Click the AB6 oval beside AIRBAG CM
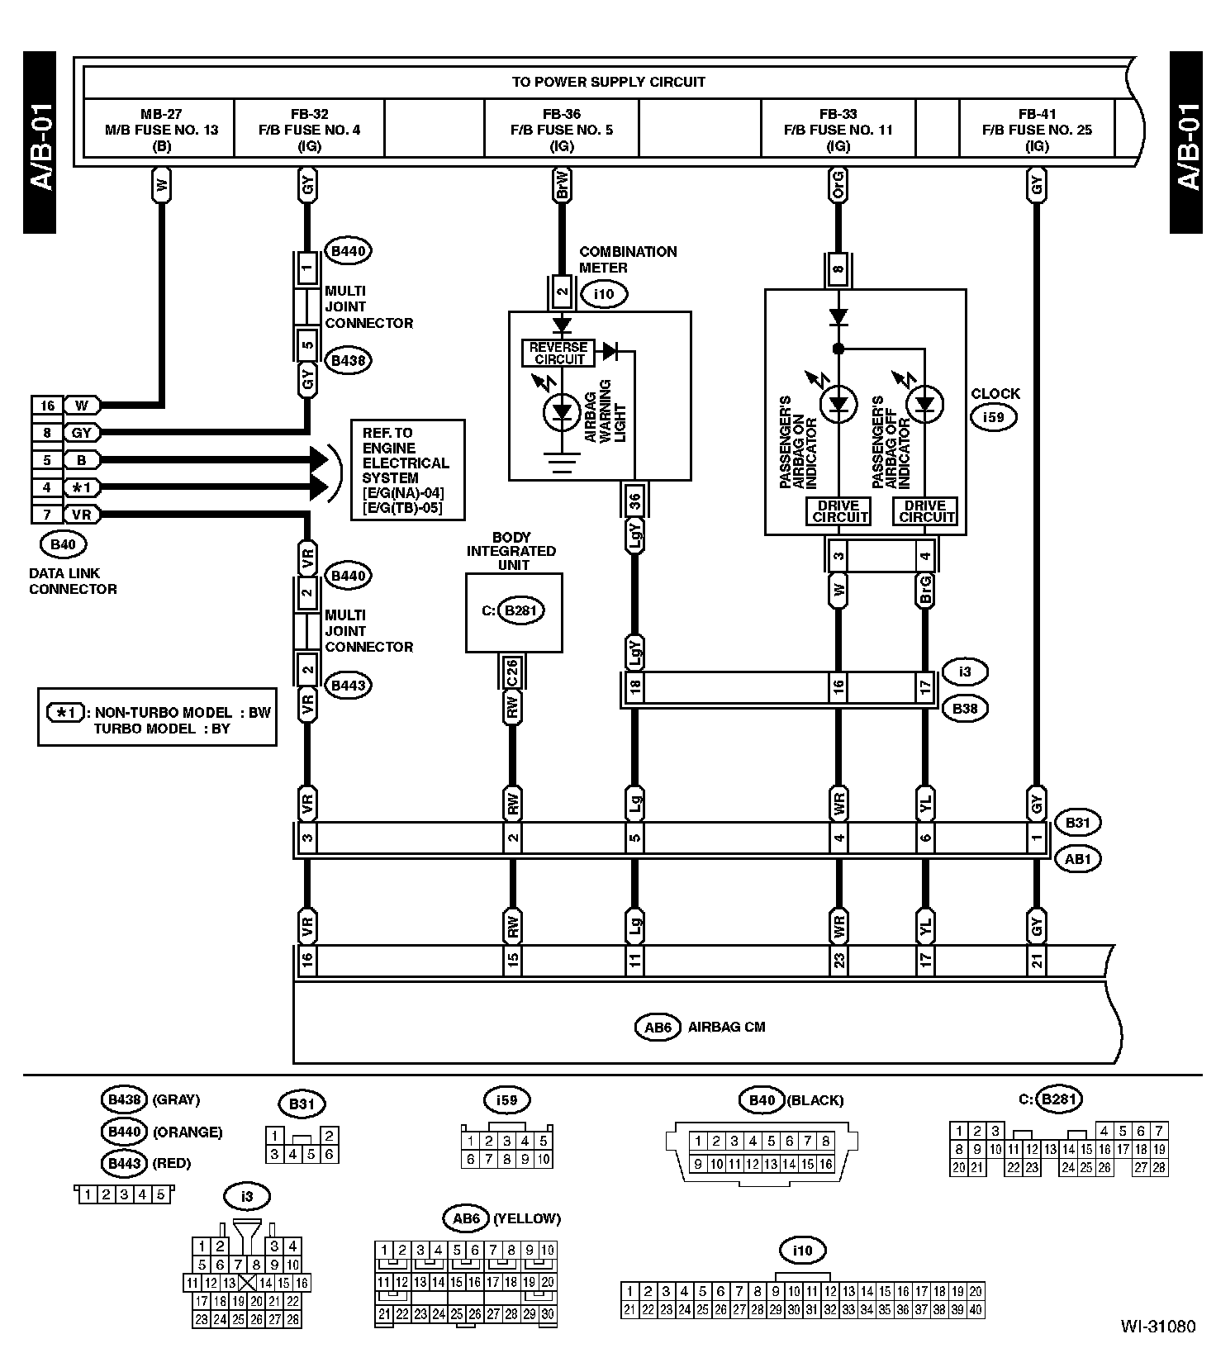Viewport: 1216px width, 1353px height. (x=658, y=1027)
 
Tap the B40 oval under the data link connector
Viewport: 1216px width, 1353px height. (x=63, y=544)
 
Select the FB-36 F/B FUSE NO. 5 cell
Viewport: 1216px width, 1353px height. (x=561, y=130)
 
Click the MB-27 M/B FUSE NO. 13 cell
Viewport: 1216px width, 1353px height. (x=161, y=130)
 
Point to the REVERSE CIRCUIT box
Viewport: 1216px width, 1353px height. (x=559, y=353)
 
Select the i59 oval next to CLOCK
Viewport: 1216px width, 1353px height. (x=993, y=417)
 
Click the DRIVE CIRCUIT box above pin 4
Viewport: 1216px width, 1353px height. (x=925, y=511)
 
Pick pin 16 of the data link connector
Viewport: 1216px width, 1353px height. (x=47, y=406)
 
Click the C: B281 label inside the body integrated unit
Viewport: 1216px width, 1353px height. (x=514, y=610)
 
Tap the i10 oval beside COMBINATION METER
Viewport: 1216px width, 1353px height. (x=604, y=293)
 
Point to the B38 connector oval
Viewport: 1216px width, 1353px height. (x=964, y=708)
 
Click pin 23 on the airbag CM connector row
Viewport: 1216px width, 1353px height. (x=838, y=960)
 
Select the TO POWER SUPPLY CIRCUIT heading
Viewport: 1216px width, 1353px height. (x=608, y=82)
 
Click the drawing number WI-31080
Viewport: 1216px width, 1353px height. (x=1157, y=1327)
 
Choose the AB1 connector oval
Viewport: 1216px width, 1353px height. (x=1078, y=858)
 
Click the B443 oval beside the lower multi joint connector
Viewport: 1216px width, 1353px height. (x=348, y=685)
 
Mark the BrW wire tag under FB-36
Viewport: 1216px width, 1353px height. (x=562, y=186)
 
